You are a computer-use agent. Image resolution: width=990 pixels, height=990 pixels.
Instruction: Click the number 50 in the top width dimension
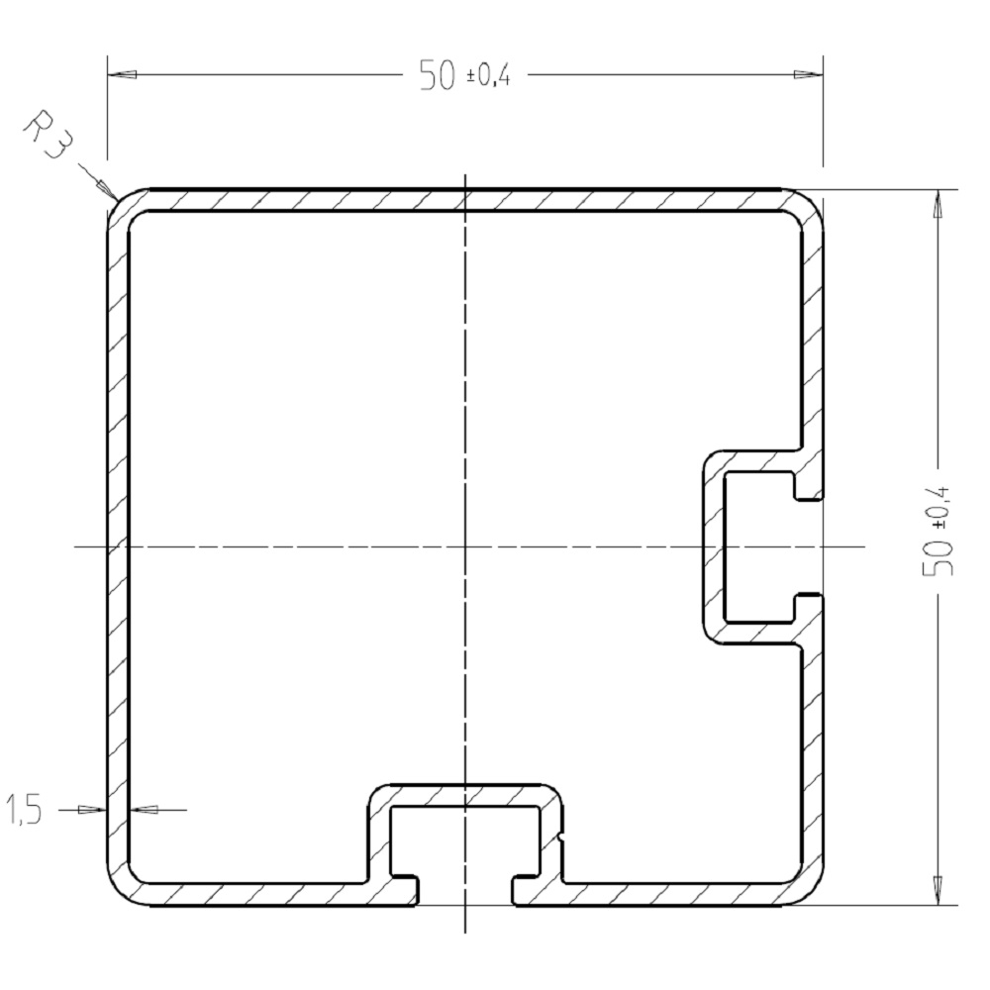[438, 75]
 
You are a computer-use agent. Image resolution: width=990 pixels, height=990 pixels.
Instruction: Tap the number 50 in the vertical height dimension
[939, 559]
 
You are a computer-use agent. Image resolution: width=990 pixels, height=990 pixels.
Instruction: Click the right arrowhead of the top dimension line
[809, 75]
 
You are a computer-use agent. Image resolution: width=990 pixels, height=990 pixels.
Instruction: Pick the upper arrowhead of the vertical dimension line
[936, 202]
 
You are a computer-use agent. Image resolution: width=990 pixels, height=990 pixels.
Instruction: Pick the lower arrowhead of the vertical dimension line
[936, 890]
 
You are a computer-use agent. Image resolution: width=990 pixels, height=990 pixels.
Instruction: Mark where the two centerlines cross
[465, 545]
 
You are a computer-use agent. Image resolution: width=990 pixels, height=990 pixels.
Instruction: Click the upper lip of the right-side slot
[807, 487]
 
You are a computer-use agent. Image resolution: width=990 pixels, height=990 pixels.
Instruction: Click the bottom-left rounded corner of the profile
[120, 891]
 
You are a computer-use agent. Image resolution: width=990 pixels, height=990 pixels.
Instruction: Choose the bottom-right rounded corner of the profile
[811, 891]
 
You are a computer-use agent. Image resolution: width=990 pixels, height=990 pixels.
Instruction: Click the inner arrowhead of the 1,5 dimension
[144, 810]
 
